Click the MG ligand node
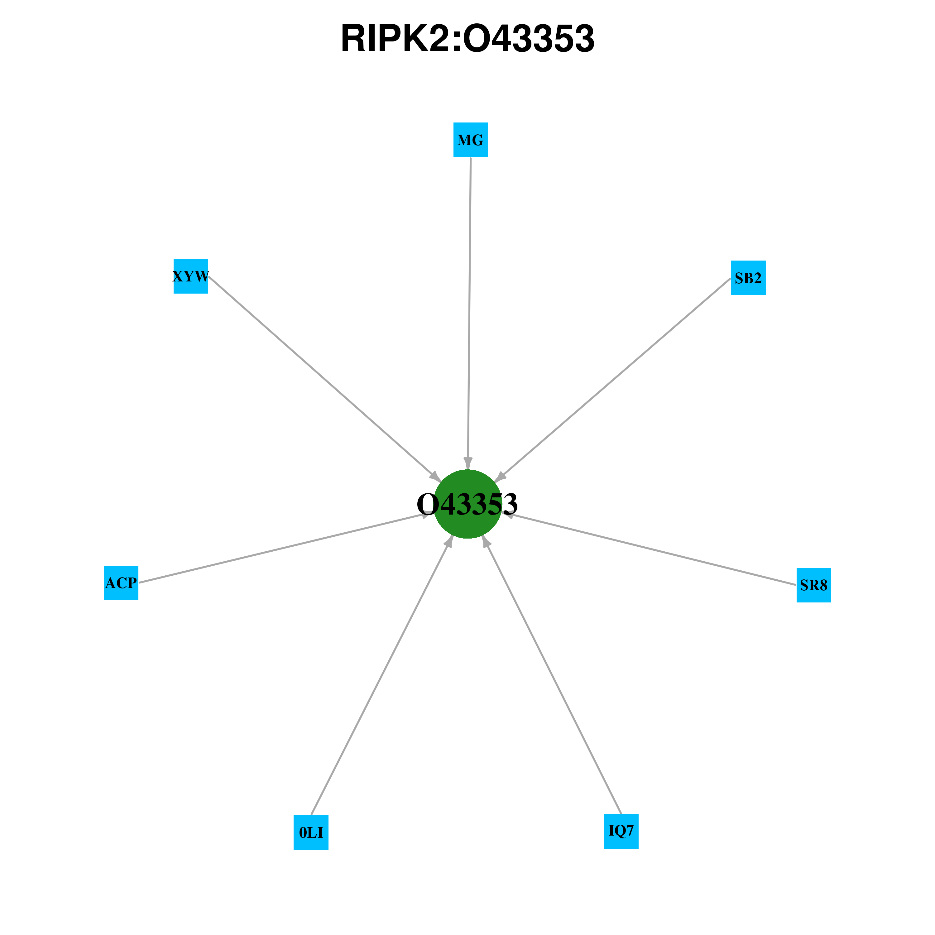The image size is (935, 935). (x=470, y=140)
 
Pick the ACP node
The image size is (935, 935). (x=121, y=583)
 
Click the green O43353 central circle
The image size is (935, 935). (x=467, y=504)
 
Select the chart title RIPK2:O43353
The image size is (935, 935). (x=467, y=39)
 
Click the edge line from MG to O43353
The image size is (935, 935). (x=469, y=313)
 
